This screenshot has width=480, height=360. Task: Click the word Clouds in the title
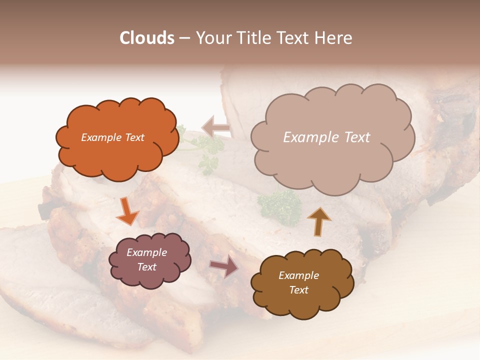click(x=147, y=38)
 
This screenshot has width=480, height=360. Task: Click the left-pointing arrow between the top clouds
click(x=216, y=127)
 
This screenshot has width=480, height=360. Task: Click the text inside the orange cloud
click(x=112, y=137)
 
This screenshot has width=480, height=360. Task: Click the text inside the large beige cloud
click(x=326, y=137)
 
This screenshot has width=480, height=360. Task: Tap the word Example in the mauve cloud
click(x=146, y=252)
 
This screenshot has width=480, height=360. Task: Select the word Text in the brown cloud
click(x=298, y=290)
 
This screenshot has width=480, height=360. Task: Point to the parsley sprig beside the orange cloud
click(x=207, y=150)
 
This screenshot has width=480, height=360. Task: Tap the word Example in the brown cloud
click(x=298, y=275)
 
